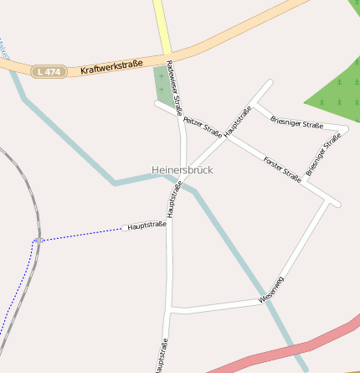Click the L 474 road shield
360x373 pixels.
pos(49,72)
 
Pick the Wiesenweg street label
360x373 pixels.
pos(271,289)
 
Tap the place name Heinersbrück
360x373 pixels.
pos(183,170)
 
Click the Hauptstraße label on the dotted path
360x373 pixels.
pos(147,225)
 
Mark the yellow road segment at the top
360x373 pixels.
pos(161,25)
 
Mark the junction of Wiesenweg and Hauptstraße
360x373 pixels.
pos(171,311)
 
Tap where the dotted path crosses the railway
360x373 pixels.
pos(38,240)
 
